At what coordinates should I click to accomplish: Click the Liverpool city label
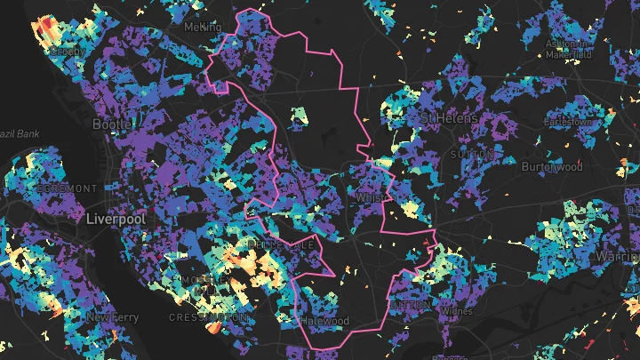115,218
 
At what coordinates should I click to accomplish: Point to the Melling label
203,28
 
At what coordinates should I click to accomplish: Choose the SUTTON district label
472,154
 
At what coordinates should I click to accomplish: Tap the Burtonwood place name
552,166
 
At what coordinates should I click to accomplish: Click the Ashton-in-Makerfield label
568,48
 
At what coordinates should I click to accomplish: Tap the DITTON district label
410,305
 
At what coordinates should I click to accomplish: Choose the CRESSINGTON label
209,316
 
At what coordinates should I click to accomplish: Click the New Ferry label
112,316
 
